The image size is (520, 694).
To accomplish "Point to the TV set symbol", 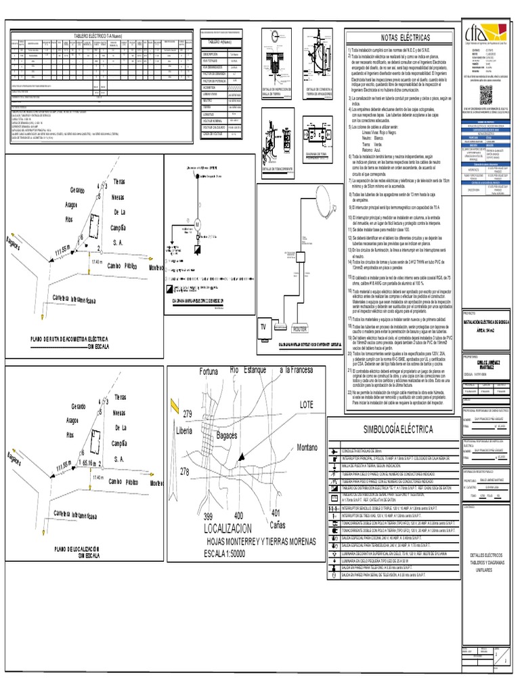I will [x=263, y=326].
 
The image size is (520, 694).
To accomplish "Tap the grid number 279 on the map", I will [x=188, y=414].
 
